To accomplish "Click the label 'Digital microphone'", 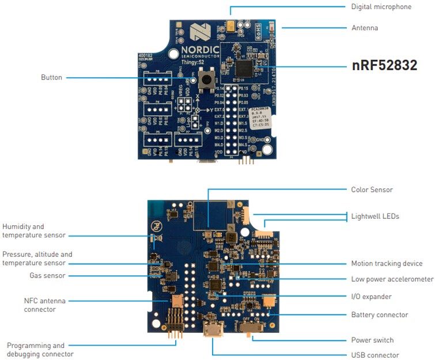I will pyautogui.click(x=381, y=7).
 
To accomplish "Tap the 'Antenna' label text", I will pyautogui.click(x=365, y=28).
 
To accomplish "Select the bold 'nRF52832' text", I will pyautogui.click(x=384, y=65).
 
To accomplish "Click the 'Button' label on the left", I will pyautogui.click(x=51, y=77).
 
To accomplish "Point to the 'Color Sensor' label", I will pyautogui.click(x=372, y=190).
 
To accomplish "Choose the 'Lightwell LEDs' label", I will pyautogui.click(x=375, y=216).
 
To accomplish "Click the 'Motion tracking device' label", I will pyautogui.click(x=387, y=263).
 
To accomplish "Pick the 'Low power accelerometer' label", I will pyautogui.click(x=392, y=279).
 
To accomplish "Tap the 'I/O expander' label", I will pyautogui.click(x=371, y=297).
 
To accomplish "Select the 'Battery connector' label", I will pyautogui.click(x=379, y=314).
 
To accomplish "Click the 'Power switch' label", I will pyautogui.click(x=372, y=340).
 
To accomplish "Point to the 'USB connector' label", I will pyautogui.click(x=375, y=355).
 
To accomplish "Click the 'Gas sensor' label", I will pyautogui.click(x=47, y=275).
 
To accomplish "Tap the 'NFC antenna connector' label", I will pyautogui.click(x=40, y=305).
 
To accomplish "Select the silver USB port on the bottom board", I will pyautogui.click(x=213, y=332).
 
